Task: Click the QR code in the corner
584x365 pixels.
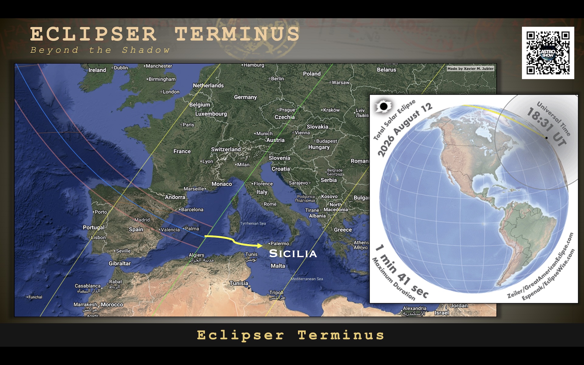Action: [548, 53]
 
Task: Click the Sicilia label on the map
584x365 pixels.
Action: [293, 254]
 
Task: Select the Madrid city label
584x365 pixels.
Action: [142, 220]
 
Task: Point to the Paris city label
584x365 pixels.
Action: [188, 125]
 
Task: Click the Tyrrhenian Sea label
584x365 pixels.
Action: [253, 224]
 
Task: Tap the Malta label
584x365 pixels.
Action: [278, 266]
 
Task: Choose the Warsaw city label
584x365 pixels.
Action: [340, 82]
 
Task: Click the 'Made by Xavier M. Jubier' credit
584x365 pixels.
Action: [470, 69]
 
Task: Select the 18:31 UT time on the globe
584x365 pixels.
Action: [547, 128]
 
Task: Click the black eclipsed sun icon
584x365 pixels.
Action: [384, 106]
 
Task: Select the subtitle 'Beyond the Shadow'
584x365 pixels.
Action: [100, 50]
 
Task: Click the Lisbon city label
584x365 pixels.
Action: [98, 238]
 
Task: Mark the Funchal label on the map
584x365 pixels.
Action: [35, 297]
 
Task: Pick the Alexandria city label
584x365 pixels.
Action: [414, 308]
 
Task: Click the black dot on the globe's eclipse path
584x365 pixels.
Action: [546, 138]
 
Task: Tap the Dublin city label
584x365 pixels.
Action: [121, 68]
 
